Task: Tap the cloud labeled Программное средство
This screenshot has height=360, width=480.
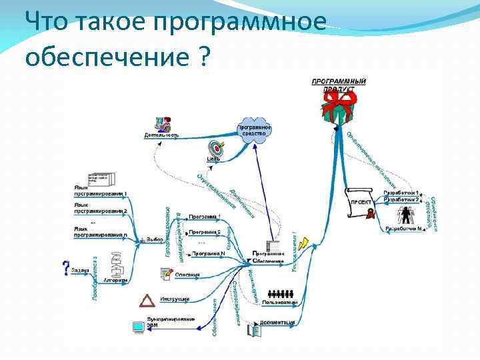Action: tap(254, 129)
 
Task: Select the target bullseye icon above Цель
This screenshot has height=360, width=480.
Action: tap(215, 147)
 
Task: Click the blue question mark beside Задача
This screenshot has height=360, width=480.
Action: tap(65, 268)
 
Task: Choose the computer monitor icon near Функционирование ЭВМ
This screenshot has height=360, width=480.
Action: tap(138, 327)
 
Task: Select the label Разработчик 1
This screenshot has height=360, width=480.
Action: tap(402, 193)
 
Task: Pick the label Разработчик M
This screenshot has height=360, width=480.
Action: tap(403, 229)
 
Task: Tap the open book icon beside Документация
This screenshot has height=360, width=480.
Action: tap(255, 329)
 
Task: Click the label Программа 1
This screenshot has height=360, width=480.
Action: tap(204, 217)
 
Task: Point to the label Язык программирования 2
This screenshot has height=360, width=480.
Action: tap(100, 209)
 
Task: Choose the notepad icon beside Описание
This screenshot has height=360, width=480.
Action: tap(166, 273)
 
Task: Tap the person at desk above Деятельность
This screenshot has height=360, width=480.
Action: tap(162, 124)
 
